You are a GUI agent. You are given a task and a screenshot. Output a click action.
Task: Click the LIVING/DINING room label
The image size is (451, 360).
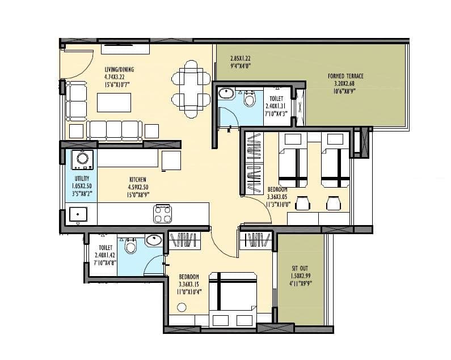tap(119, 70)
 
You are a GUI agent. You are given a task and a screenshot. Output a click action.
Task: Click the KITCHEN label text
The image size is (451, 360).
tap(137, 180)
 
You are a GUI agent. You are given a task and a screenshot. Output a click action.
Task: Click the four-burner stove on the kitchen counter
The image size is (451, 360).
tap(162, 214)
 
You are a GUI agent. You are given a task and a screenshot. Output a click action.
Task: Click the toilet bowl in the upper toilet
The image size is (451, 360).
tap(249, 99)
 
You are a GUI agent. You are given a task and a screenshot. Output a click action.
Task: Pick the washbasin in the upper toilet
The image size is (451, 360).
tap(226, 94)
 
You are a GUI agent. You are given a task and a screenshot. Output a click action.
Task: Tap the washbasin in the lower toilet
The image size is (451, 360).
tap(153, 240)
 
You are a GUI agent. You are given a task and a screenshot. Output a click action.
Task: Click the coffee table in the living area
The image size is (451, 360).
tap(114, 103)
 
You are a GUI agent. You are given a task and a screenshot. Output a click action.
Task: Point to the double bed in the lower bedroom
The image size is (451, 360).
tap(232, 298)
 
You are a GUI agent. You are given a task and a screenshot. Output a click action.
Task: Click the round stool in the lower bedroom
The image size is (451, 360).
tap(182, 307)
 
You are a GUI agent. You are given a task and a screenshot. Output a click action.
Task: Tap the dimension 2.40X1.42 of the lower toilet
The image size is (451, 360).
tap(105, 255)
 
